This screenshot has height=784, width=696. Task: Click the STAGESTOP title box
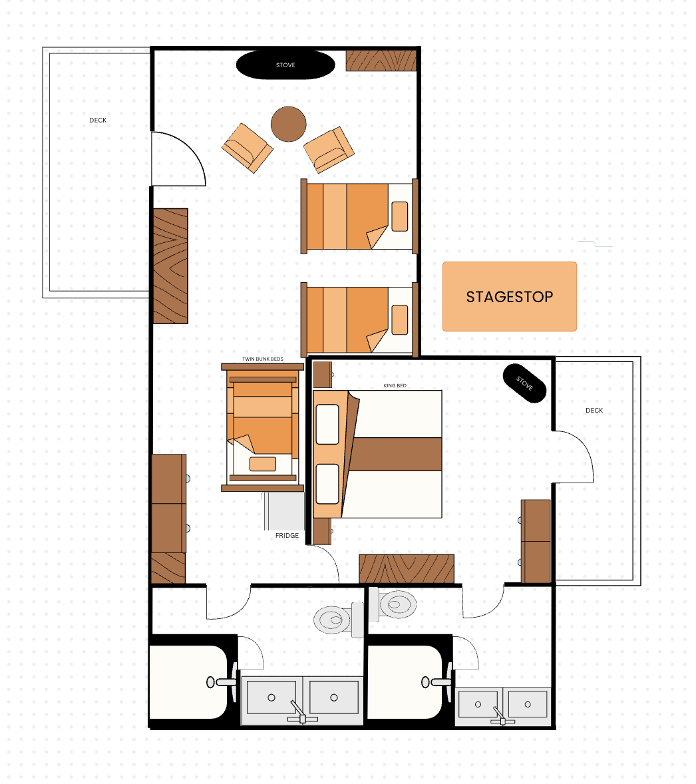(510, 297)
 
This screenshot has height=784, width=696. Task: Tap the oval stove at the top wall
(285, 65)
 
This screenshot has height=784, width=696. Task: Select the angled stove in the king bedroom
(524, 383)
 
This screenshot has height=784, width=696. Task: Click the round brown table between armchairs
(289, 124)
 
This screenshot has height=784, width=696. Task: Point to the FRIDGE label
(287, 536)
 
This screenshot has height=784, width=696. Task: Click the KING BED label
(395, 385)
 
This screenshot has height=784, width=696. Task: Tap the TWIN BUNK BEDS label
(263, 359)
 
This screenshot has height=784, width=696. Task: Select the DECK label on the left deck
(98, 120)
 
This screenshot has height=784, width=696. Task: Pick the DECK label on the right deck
(594, 410)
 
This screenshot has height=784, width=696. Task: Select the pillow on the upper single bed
(399, 216)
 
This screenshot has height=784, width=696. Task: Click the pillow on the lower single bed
(399, 319)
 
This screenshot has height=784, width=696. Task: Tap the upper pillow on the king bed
(327, 425)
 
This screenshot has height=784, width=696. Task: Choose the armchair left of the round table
(247, 148)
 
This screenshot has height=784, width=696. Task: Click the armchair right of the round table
(329, 150)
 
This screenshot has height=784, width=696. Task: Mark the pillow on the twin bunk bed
(263, 464)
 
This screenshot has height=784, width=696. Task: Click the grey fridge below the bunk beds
(284, 511)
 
